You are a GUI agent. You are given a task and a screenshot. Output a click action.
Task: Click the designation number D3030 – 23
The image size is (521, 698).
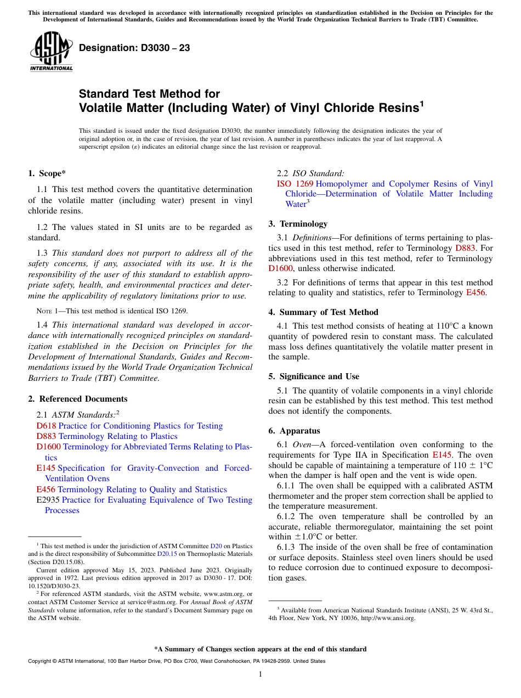134,48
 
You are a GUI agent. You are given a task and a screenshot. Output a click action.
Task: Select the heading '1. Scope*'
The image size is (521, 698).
47,173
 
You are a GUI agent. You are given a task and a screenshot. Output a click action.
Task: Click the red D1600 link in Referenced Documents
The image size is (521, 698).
49,447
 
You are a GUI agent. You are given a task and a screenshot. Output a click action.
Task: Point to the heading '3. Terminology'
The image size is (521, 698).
298,224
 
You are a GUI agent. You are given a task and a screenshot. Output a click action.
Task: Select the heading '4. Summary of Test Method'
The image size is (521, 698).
323,312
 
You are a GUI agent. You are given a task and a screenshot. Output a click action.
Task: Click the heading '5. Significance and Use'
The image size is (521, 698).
314,376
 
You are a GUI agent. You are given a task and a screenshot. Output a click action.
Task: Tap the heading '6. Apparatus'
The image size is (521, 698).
294,431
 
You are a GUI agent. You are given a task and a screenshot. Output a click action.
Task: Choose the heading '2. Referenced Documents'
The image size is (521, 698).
77,399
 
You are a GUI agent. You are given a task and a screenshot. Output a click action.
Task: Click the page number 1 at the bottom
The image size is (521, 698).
260,674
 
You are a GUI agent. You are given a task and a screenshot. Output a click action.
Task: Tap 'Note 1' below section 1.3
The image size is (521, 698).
47,311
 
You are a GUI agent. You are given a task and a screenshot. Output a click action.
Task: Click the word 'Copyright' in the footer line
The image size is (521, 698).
42,661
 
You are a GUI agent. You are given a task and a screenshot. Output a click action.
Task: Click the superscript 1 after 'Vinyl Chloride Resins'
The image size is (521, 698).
422,103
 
